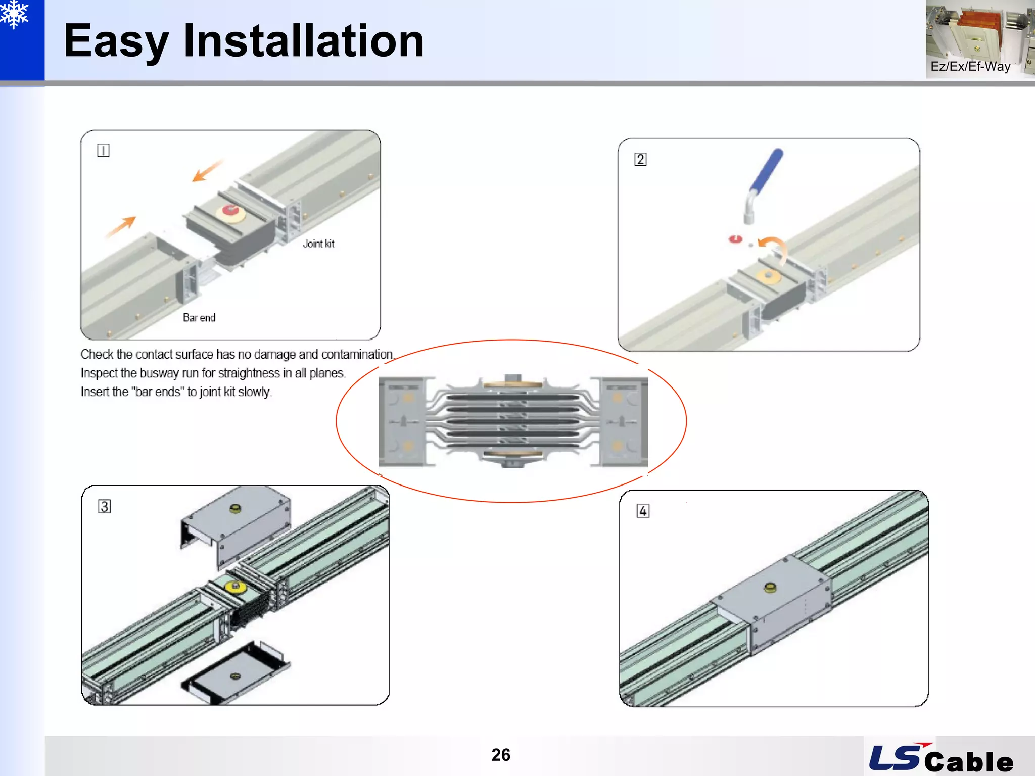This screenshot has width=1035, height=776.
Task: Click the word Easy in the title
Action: pyautogui.click(x=116, y=41)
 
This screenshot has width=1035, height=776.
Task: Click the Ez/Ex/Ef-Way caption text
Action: pyautogui.click(x=970, y=67)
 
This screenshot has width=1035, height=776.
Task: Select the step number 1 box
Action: pyautogui.click(x=103, y=151)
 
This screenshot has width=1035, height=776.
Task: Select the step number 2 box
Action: pyautogui.click(x=640, y=159)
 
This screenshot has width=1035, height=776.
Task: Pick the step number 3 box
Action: pyautogui.click(x=104, y=506)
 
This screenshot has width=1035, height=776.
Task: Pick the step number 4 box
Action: pyautogui.click(x=642, y=511)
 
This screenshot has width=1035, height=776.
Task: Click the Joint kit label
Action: pyautogui.click(x=318, y=244)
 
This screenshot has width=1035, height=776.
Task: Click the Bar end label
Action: pyautogui.click(x=199, y=318)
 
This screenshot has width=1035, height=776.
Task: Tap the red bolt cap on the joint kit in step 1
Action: pyautogui.click(x=230, y=210)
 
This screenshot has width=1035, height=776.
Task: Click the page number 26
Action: pyautogui.click(x=501, y=755)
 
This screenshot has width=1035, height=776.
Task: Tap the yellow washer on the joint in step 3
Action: pyautogui.click(x=235, y=587)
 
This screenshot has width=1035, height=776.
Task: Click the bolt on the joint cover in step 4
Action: pyautogui.click(x=770, y=588)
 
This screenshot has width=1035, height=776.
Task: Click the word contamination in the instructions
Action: pyautogui.click(x=357, y=355)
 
